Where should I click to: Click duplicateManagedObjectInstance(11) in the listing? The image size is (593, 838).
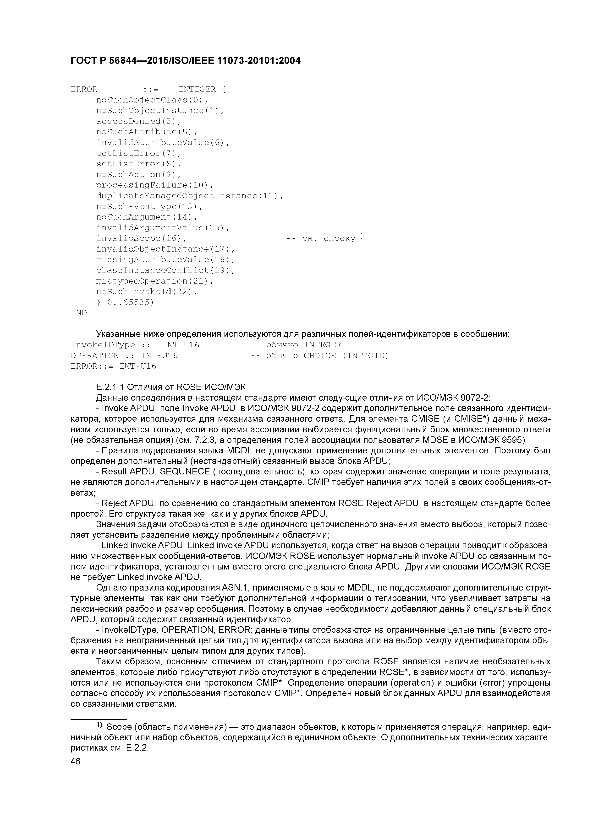189,196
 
